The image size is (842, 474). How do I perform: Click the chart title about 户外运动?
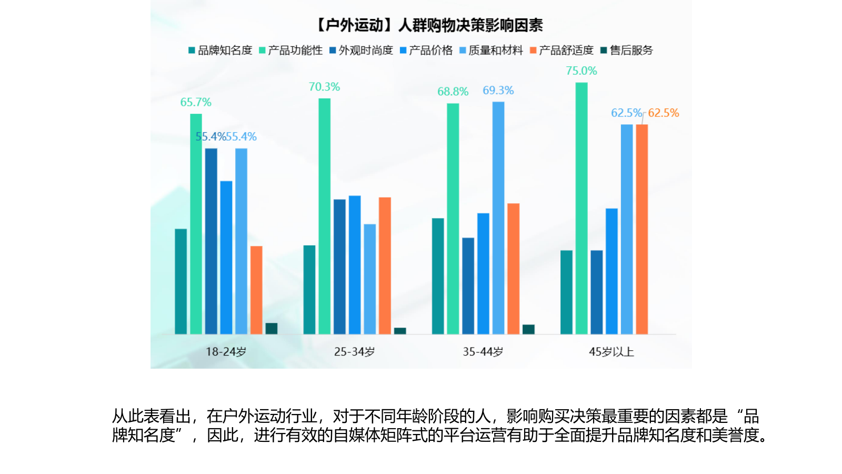[x=428, y=25]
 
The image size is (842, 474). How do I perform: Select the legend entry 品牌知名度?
[x=220, y=50]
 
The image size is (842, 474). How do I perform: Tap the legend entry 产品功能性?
[x=290, y=50]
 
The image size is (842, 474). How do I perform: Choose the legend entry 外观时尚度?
[x=361, y=50]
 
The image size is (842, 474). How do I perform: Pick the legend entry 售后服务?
[x=627, y=50]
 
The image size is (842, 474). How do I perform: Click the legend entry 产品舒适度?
[x=562, y=50]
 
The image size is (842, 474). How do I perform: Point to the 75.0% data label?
[x=581, y=71]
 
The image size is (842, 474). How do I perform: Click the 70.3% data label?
[x=324, y=86]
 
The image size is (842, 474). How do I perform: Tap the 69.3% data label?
[x=498, y=90]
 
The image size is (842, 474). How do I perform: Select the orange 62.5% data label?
[x=663, y=113]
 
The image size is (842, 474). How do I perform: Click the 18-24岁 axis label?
[x=226, y=351]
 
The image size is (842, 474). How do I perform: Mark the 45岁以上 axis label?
[x=611, y=351]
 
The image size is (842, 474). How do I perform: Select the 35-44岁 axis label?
[x=483, y=351]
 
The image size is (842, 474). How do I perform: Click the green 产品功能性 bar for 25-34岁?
[x=324, y=216]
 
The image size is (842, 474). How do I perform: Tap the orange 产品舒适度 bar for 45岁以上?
[x=641, y=229]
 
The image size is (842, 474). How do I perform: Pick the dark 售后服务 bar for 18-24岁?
[x=271, y=328]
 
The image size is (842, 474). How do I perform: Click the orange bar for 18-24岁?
[x=256, y=290]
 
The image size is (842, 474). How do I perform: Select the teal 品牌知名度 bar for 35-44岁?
[x=438, y=276]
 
